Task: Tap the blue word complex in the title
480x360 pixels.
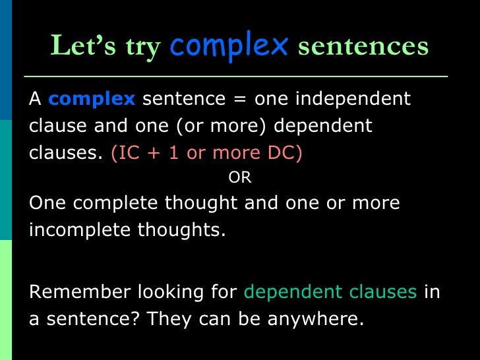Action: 229,46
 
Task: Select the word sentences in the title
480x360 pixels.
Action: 363,47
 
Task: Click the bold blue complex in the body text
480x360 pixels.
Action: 92,100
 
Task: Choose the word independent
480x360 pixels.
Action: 352,100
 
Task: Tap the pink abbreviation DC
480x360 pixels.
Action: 287,152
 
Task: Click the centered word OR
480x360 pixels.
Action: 239,178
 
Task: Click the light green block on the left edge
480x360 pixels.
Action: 6,300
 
